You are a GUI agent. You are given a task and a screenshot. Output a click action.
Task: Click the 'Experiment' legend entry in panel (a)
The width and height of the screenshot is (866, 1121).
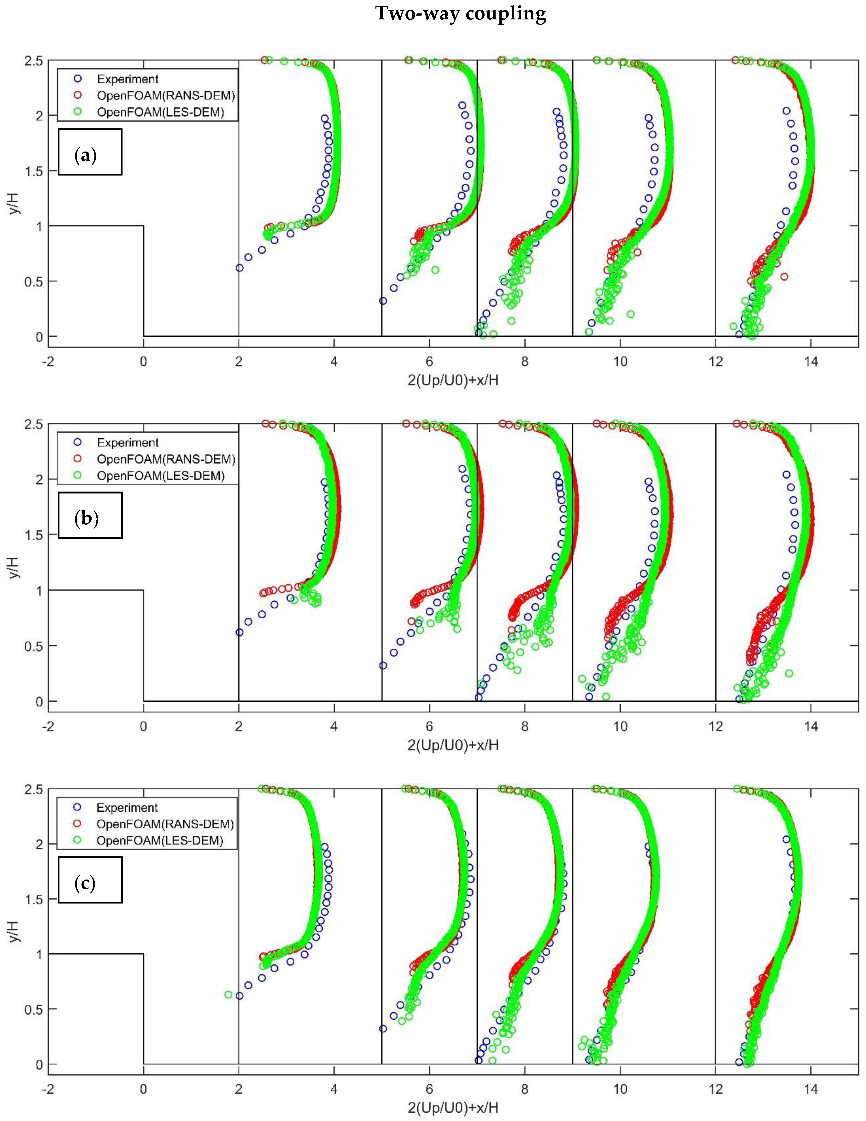[x=127, y=79]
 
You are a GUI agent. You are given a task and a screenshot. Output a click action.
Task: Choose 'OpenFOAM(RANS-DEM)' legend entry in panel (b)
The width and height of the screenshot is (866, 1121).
[x=165, y=459]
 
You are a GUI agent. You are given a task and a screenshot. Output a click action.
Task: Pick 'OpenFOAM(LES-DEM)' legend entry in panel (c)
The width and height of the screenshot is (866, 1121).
[x=160, y=841]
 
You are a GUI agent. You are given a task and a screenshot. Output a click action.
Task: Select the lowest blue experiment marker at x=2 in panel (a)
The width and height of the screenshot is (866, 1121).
[x=239, y=268]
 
